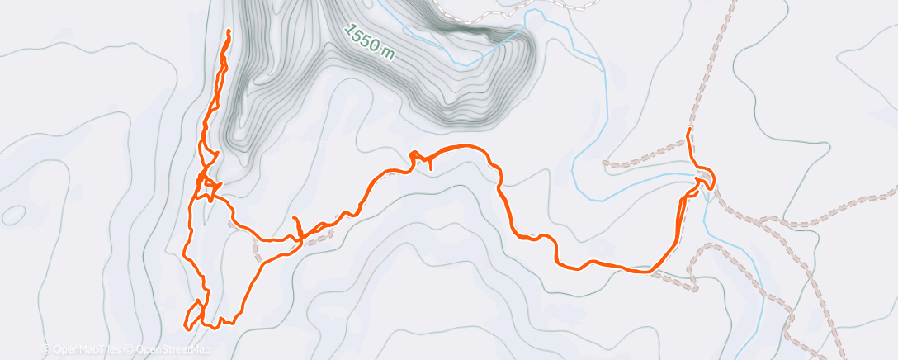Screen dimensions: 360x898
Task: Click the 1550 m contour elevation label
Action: (x=370, y=40)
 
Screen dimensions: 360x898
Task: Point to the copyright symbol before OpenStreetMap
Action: (x=130, y=350)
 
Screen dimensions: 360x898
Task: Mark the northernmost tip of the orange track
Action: (x=229, y=31)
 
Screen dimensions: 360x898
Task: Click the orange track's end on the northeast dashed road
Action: (x=688, y=130)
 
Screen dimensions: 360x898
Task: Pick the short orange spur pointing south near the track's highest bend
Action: (x=430, y=167)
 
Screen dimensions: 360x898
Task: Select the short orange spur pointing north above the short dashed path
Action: (x=295, y=220)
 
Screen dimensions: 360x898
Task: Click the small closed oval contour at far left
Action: (x=12, y=215)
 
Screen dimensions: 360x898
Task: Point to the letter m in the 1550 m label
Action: (x=386, y=54)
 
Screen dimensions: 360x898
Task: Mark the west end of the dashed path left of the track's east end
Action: (x=607, y=163)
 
